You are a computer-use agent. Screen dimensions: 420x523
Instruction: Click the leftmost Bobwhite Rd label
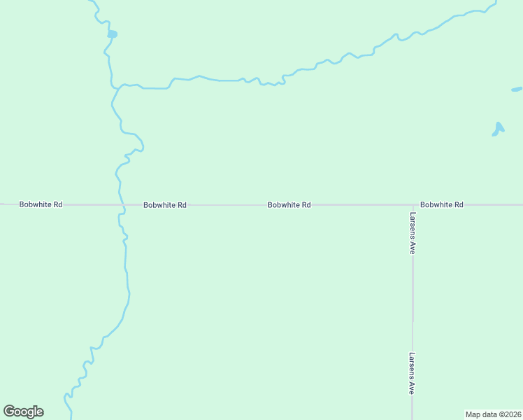pos(41,204)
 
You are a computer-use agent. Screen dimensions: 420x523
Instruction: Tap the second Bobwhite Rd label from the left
pos(164,205)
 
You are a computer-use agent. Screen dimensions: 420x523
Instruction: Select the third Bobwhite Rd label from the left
pos(289,205)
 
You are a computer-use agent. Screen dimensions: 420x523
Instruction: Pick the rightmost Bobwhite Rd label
pos(442,204)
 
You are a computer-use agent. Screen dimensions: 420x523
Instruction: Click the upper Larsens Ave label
pos(413,233)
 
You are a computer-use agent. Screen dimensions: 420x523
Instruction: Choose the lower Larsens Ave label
pos(413,373)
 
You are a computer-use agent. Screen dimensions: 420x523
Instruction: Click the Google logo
pos(23,412)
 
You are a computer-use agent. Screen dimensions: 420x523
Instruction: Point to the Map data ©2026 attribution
pos(493,414)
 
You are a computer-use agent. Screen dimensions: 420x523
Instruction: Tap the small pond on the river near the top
pos(112,34)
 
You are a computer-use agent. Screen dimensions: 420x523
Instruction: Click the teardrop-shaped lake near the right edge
pos(498,129)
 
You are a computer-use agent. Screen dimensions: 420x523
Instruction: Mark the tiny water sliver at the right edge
pos(517,90)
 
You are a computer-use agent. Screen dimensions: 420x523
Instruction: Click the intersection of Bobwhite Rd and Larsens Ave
pos(413,205)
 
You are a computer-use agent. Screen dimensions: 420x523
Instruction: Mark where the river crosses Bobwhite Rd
pos(121,205)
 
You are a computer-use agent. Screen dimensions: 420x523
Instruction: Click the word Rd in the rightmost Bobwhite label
pos(458,204)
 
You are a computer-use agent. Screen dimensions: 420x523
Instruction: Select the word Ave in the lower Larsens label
pos(413,388)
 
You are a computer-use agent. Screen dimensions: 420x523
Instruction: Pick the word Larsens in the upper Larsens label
pos(413,226)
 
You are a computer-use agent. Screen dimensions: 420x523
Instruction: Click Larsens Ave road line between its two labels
pos(413,301)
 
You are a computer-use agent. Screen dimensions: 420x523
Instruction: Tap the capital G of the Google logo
pos(10,412)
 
